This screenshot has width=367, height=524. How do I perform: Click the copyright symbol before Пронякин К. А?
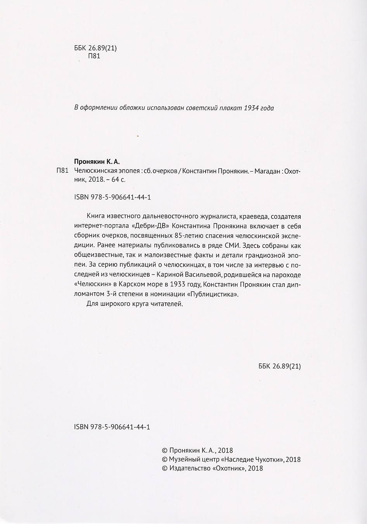pyautogui.click(x=164, y=451)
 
